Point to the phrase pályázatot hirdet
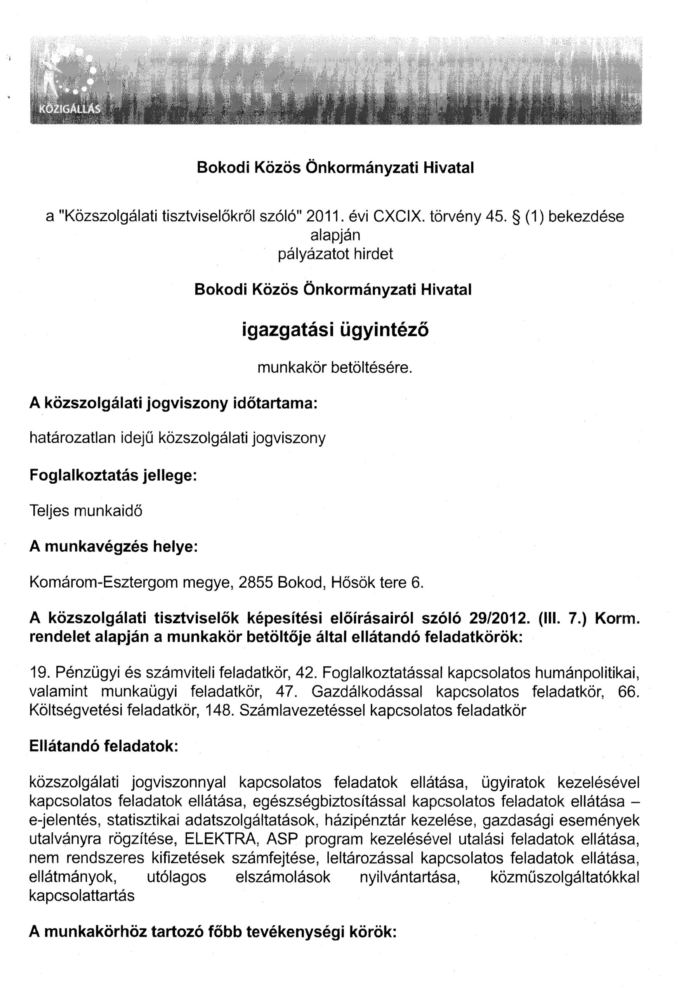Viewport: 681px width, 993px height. pos(335,254)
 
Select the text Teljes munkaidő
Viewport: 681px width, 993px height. pos(86,511)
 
